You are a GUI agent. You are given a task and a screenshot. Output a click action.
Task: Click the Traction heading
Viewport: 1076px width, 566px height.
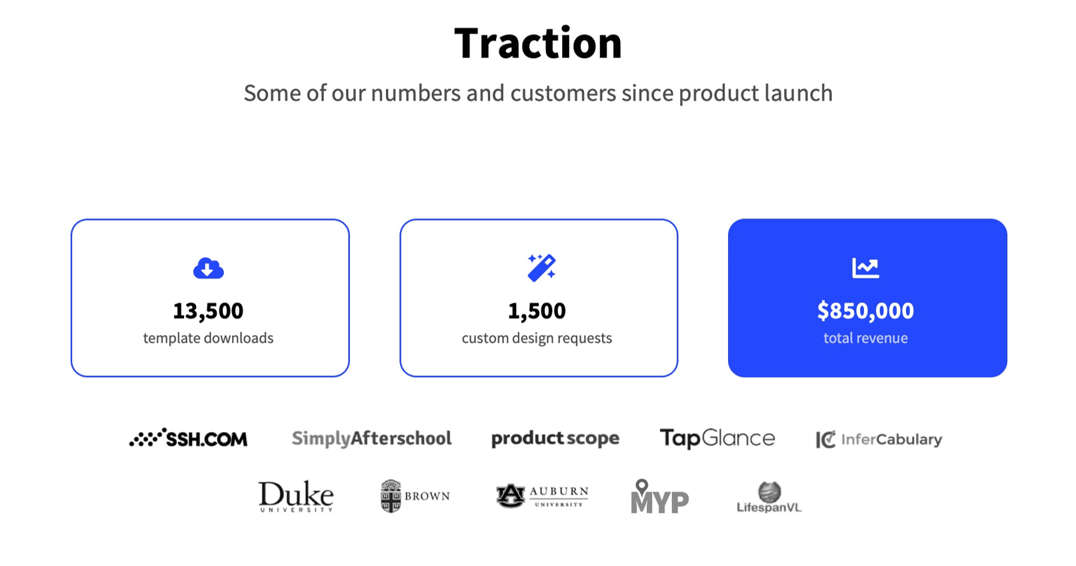tap(538, 43)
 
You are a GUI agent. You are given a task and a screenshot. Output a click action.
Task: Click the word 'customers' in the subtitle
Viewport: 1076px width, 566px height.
tap(563, 93)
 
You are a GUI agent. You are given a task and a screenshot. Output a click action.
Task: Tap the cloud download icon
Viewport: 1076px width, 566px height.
tap(209, 268)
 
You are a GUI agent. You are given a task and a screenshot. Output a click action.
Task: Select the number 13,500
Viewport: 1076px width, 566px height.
tap(208, 311)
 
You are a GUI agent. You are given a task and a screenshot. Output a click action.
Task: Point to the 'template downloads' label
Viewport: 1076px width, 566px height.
tap(208, 338)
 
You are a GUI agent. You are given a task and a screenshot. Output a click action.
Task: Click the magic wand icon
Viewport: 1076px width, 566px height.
tap(541, 267)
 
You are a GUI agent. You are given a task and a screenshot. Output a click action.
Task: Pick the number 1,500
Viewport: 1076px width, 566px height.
tap(537, 311)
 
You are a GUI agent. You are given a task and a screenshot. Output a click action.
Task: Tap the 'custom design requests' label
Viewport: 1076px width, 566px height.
tap(537, 338)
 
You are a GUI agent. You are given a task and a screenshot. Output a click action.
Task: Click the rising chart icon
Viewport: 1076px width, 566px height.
tap(865, 268)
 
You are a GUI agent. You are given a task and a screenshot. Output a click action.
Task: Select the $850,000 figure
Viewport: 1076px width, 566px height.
tap(865, 311)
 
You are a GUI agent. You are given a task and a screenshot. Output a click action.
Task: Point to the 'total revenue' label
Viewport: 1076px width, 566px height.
tap(865, 338)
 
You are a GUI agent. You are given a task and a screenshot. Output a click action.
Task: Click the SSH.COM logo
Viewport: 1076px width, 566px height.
tap(188, 438)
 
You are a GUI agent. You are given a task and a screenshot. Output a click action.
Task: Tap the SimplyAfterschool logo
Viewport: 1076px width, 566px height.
tap(372, 438)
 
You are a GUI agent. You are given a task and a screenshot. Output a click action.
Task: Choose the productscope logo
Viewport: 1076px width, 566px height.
tap(555, 438)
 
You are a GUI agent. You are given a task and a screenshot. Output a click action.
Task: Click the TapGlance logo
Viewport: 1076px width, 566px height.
tap(717, 438)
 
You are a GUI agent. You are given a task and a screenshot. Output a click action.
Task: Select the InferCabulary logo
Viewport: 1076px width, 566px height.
tap(879, 439)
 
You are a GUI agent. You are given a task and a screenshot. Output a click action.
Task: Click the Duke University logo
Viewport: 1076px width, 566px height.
tap(296, 496)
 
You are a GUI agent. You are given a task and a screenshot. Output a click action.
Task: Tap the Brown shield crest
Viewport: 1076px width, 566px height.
tap(391, 496)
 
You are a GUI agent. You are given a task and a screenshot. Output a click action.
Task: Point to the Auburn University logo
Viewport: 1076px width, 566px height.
tap(542, 496)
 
